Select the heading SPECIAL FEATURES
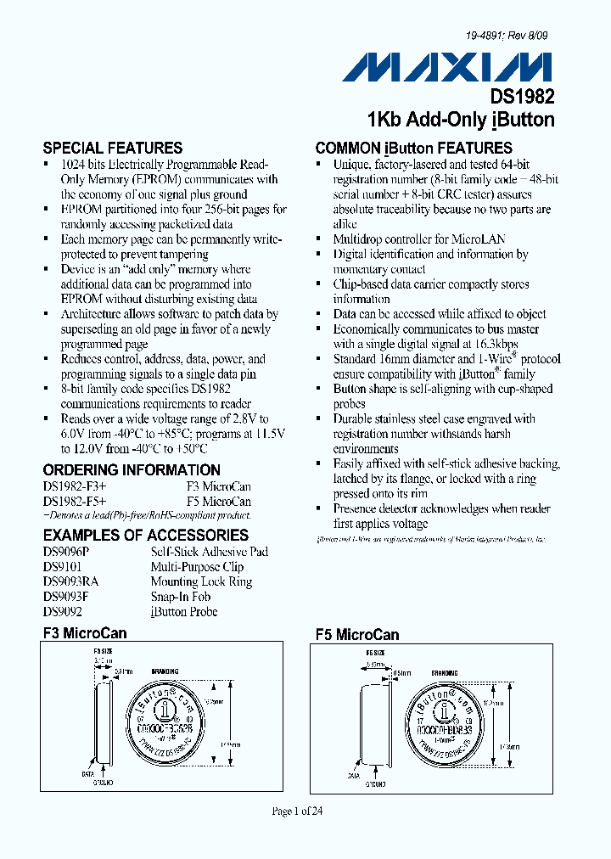coord(113,148)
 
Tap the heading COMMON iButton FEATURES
coord(414,148)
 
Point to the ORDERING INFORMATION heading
coord(132,469)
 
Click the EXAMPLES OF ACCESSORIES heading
coord(146,536)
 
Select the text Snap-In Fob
coord(180,597)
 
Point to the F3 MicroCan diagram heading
coord(85,633)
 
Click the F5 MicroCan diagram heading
coord(357,635)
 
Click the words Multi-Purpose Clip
coord(197,566)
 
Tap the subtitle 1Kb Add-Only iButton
coord(461,120)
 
